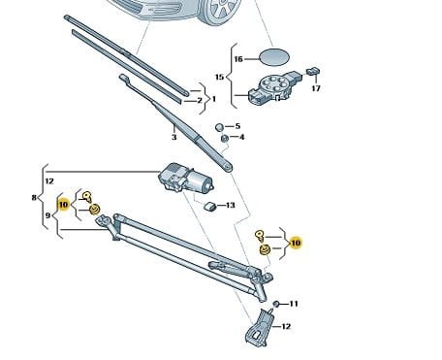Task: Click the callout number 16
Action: (238, 59)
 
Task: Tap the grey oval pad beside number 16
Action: (274, 57)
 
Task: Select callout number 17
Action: (316, 88)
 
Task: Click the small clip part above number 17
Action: (313, 71)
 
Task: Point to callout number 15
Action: (219, 77)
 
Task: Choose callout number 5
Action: (237, 126)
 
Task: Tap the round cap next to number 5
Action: (219, 127)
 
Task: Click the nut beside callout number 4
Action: (224, 139)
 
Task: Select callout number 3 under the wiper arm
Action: (174, 137)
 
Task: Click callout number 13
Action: (231, 205)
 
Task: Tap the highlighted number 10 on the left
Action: (64, 205)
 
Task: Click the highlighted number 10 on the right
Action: (296, 243)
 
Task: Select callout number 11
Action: (294, 304)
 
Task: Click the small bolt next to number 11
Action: (276, 304)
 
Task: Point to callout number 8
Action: (34, 197)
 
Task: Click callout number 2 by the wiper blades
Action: (200, 100)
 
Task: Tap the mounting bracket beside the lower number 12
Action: (259, 328)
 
